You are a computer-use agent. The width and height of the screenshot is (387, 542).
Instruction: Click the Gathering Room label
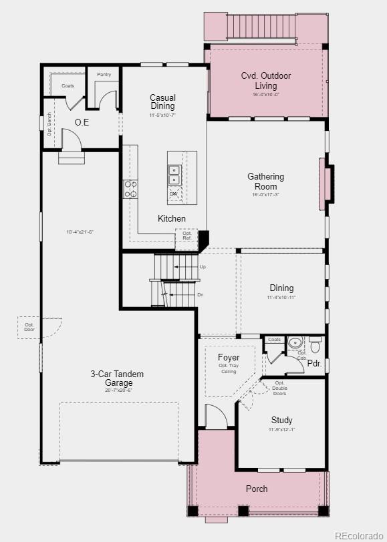[266, 182]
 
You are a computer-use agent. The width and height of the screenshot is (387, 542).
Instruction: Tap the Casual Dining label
[162, 102]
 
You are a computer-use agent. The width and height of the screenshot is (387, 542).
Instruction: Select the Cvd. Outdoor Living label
[266, 81]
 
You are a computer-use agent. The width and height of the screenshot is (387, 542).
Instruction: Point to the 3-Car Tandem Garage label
[118, 378]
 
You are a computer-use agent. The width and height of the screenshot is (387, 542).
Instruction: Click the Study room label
[281, 420]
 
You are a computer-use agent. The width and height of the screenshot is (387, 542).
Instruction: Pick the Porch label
[257, 489]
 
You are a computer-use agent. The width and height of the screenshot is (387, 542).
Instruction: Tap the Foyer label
[229, 358]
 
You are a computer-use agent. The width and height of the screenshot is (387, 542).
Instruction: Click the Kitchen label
[172, 218]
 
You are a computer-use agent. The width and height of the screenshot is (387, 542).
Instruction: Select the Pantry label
[104, 75]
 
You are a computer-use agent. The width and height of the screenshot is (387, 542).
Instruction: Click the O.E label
[82, 122]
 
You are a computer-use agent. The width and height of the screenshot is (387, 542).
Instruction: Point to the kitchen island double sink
[174, 175]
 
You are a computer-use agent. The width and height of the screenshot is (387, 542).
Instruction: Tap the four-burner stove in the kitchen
[130, 189]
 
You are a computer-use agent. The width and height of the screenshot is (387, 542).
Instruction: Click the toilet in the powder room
[315, 345]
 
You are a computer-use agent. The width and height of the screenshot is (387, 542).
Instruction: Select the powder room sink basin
[295, 343]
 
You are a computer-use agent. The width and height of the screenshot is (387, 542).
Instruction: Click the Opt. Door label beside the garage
[29, 327]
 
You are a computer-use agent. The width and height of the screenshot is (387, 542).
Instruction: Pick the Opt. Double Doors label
[279, 388]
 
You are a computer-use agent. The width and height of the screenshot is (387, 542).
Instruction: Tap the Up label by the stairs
[203, 267]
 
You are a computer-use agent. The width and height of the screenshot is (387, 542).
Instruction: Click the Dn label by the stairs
[200, 294]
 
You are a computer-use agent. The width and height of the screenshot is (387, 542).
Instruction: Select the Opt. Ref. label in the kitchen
[186, 236]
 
